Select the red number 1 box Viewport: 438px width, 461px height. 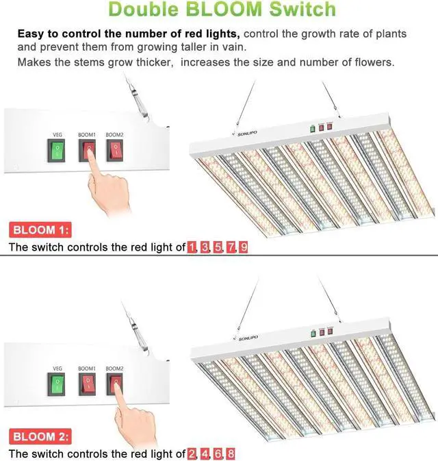pyautogui.click(x=192, y=247)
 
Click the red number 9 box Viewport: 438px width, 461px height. pyautogui.click(x=244, y=247)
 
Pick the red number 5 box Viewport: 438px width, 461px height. pyautogui.click(x=218, y=247)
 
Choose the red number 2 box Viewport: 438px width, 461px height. pyautogui.click(x=192, y=453)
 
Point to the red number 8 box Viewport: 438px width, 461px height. pyautogui.click(x=231, y=453)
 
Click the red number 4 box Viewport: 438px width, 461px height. pyautogui.click(x=205, y=453)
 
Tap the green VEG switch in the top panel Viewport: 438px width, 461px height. pyautogui.click(x=57, y=150)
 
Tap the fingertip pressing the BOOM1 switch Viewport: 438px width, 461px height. pyautogui.click(x=88, y=160)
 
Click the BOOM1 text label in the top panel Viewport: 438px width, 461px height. pyautogui.click(x=86, y=135)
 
